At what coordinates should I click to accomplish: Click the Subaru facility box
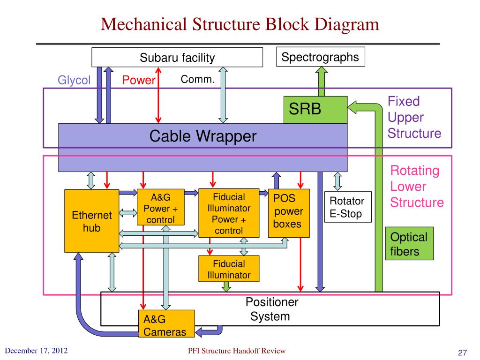pyautogui.click(x=177, y=57)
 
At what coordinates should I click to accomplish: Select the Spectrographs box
pyautogui.click(x=321, y=57)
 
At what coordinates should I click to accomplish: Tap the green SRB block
pyautogui.click(x=315, y=110)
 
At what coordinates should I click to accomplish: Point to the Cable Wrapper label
pyautogui.click(x=202, y=136)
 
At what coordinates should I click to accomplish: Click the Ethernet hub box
pyautogui.click(x=91, y=221)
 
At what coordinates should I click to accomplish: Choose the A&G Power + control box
pyautogui.click(x=161, y=208)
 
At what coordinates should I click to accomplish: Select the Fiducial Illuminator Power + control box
pyautogui.click(x=229, y=213)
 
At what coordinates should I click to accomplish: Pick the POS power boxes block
pyautogui.click(x=289, y=213)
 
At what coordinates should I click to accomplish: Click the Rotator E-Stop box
pyautogui.click(x=348, y=207)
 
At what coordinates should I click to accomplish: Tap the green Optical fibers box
pyautogui.click(x=409, y=244)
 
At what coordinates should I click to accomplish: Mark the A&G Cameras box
pyautogui.click(x=166, y=323)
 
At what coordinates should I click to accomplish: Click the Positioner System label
pyautogui.click(x=271, y=309)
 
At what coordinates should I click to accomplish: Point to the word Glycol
pyautogui.click(x=74, y=80)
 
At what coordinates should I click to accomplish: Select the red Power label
pyautogui.click(x=139, y=80)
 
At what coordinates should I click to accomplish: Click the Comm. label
pyautogui.click(x=197, y=79)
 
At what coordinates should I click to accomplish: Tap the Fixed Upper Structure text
pyautogui.click(x=414, y=117)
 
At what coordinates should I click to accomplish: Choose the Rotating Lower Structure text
pyautogui.click(x=417, y=187)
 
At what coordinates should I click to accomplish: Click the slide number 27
pyautogui.click(x=462, y=352)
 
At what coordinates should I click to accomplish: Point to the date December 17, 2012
pyautogui.click(x=36, y=351)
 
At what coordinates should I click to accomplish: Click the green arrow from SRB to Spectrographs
pyautogui.click(x=322, y=82)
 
